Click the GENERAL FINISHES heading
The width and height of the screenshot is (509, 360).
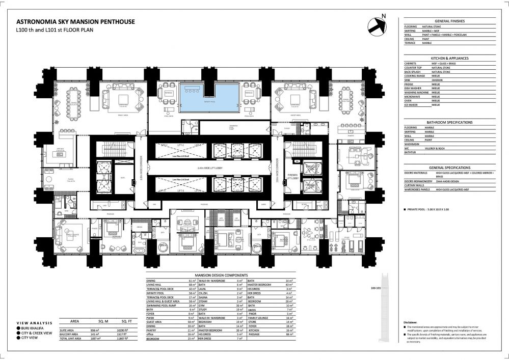(x=450, y=21)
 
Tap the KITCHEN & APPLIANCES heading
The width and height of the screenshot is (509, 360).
(x=450, y=58)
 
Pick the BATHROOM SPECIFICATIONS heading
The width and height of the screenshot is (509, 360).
(x=450, y=122)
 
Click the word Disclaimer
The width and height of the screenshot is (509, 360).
(x=411, y=323)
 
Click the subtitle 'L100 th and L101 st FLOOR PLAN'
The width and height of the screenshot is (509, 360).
(x=55, y=31)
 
